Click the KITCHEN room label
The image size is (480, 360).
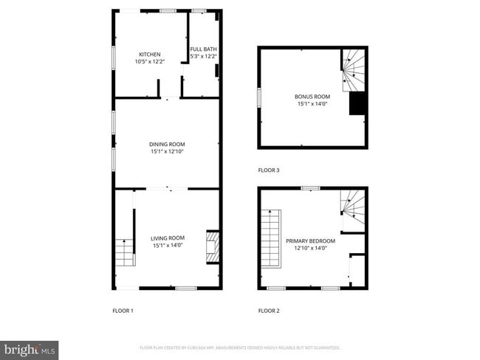[150, 54]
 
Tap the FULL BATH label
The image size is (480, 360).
[204, 49]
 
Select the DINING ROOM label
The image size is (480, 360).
[167, 144]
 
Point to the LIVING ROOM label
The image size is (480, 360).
[168, 238]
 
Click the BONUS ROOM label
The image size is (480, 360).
[312, 97]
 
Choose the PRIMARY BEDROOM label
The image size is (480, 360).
[310, 240]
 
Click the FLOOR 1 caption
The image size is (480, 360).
[123, 311]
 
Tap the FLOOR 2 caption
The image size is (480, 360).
[269, 311]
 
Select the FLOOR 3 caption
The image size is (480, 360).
[269, 170]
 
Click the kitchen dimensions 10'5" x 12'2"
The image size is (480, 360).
[150, 62]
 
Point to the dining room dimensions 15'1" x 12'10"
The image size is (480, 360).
[167, 152]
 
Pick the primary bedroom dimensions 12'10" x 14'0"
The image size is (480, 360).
[310, 249]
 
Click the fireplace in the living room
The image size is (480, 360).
[212, 246]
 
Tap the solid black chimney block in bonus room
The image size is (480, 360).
[357, 104]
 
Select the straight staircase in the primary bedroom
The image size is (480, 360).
[272, 238]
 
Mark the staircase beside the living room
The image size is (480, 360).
[124, 253]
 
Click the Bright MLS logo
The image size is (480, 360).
[30, 349]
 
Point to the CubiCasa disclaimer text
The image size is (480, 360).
[239, 347]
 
